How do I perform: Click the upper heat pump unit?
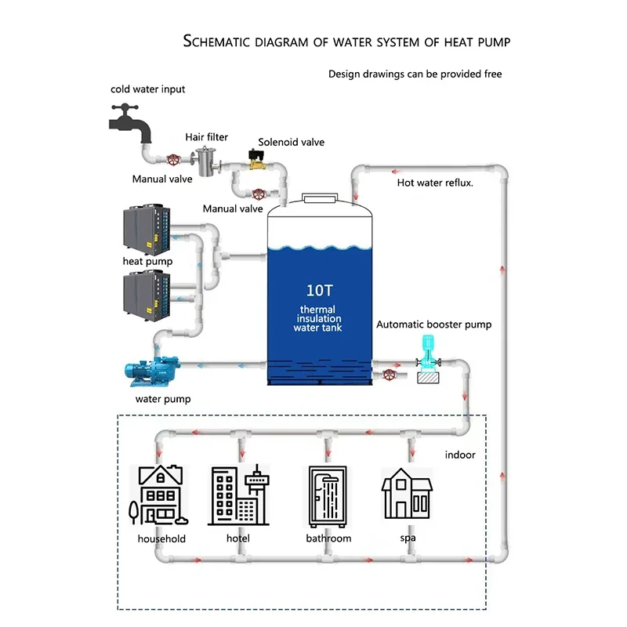tap(148, 230)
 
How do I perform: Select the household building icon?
tap(160, 495)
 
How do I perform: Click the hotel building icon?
tap(239, 495)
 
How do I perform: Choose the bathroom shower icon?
tap(328, 495)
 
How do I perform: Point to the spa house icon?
tap(407, 495)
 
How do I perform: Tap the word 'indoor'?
tap(460, 455)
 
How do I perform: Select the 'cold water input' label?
tap(148, 89)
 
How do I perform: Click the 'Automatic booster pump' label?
tap(434, 324)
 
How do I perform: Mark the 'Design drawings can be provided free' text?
tap(415, 74)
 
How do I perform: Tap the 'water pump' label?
tap(163, 399)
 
